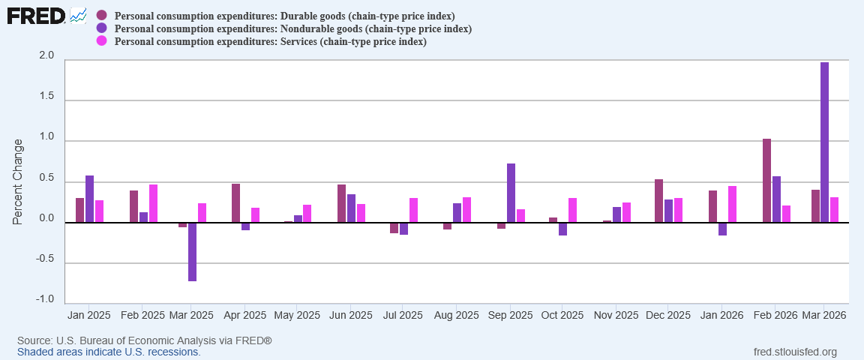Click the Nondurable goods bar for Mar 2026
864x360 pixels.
(x=824, y=142)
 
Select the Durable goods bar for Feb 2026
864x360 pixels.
(x=766, y=181)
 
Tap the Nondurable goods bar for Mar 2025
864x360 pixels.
(x=192, y=252)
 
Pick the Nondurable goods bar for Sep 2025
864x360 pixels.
(x=511, y=193)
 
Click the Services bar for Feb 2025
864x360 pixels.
(x=153, y=203)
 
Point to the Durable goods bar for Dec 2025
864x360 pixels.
(x=658, y=201)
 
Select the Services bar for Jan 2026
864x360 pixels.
(x=732, y=205)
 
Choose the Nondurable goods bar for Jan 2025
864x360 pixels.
(x=90, y=199)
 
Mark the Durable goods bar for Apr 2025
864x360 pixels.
(x=235, y=203)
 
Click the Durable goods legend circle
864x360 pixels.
(x=101, y=15)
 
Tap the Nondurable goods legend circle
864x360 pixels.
(x=101, y=28)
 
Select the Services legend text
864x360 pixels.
(x=271, y=41)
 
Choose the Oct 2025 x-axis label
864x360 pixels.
(x=562, y=316)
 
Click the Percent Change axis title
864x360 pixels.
(x=18, y=181)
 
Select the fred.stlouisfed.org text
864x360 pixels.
(x=794, y=352)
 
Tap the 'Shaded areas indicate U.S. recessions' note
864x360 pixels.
(x=109, y=352)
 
